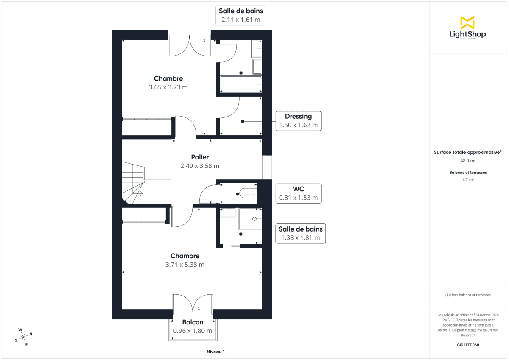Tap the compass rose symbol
24,336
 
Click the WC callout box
298,193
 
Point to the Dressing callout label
298,121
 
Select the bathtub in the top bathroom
241,84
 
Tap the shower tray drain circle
255,219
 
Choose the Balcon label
193,322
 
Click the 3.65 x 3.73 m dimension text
168,87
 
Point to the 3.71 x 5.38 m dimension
185,265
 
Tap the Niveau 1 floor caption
215,352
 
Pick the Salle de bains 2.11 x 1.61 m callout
241,16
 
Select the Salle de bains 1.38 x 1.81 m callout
300,234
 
